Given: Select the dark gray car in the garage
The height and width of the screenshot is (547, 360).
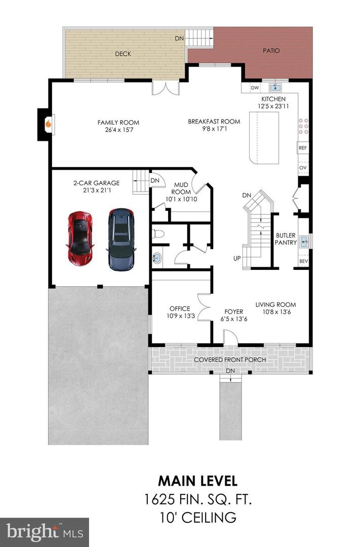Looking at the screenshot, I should pyautogui.click(x=121, y=238).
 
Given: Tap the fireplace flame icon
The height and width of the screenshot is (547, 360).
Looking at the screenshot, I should pyautogui.click(x=48, y=123).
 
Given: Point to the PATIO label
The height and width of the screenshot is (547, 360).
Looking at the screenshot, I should pyautogui.click(x=271, y=51).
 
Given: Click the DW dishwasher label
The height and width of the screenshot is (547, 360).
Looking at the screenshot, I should pyautogui.click(x=254, y=88).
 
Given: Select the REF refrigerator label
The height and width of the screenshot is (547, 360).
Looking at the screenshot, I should pyautogui.click(x=303, y=148).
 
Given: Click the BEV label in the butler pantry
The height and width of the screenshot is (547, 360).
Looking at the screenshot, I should pyautogui.click(x=303, y=261).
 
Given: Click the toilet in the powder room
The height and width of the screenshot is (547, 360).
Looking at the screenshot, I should pyautogui.click(x=158, y=233).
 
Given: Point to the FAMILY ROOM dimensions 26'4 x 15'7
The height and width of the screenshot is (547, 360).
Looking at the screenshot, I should pyautogui.click(x=118, y=130).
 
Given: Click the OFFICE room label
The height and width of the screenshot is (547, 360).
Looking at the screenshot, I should pyautogui.click(x=180, y=308).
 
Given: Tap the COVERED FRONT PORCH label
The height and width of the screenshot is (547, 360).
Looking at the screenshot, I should pyautogui.click(x=230, y=360).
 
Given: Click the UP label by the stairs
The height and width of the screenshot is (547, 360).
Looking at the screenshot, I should pyautogui.click(x=236, y=258).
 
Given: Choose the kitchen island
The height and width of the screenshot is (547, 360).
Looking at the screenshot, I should pyautogui.click(x=264, y=138).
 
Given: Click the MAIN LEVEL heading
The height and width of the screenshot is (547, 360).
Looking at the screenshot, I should pyautogui.click(x=197, y=480).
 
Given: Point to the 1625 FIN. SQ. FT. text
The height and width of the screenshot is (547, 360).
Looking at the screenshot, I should pyautogui.click(x=197, y=499).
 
